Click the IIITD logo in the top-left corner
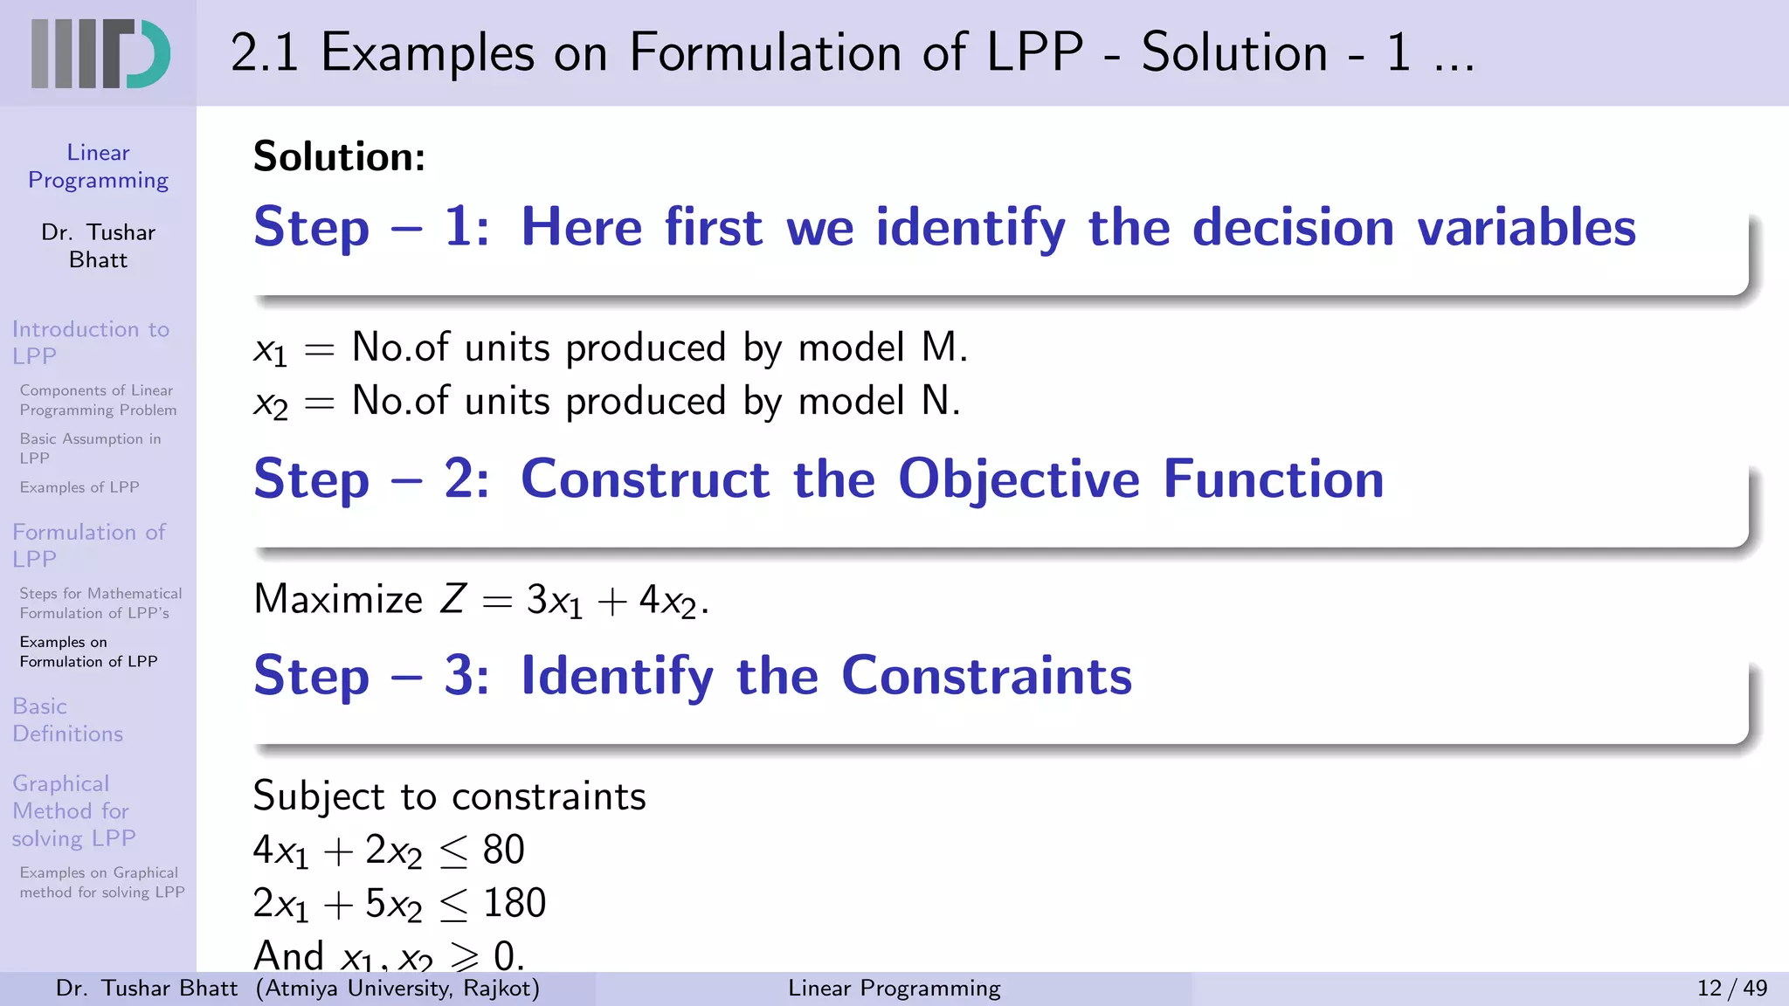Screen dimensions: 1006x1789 tap(100, 53)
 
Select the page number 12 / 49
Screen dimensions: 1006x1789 tap(1731, 988)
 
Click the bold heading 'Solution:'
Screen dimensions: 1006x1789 tap(339, 157)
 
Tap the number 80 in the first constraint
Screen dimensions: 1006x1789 tap(503, 850)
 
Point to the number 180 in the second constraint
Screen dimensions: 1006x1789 tap(515, 903)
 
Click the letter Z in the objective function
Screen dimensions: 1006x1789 tap(452, 600)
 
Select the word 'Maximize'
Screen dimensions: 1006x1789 tap(338, 600)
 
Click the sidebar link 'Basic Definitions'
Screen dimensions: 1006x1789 tap(67, 720)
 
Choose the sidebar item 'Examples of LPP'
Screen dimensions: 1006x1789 tap(79, 487)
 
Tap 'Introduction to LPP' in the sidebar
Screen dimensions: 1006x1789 tap(90, 342)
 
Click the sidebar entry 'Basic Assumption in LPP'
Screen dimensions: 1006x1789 tap(90, 448)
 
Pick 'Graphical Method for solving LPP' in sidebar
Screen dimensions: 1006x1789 tap(73, 810)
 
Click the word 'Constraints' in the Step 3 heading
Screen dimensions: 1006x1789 tap(986, 676)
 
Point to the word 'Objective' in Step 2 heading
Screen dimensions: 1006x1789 tap(1019, 480)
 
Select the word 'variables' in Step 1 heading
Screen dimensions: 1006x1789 tap(1526, 228)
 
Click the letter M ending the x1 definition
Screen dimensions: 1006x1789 tap(939, 348)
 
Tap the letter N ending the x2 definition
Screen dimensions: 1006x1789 tap(936, 401)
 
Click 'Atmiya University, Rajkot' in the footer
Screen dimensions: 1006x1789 tap(398, 988)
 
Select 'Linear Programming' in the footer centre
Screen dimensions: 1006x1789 tap(894, 988)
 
